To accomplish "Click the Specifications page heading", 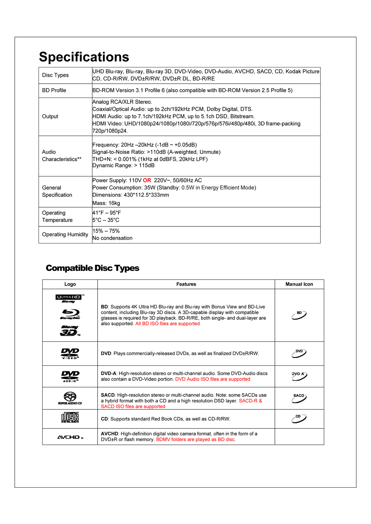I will tap(84, 57).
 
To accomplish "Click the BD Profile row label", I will tap(54, 90).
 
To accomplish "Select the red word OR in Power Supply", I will tap(147, 180).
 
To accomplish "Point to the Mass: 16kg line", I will tap(106, 203).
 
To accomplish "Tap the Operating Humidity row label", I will tap(65, 235).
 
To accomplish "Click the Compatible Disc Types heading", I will tap(92, 268).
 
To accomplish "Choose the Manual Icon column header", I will tap(299, 284).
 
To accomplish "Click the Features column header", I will tap(186, 284).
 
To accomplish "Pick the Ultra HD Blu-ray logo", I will tap(70, 299).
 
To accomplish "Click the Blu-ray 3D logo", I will tap(70, 331).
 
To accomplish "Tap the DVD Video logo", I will tap(70, 354).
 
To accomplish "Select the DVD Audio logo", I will tap(70, 376).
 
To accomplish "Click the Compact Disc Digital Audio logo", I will tap(70, 418).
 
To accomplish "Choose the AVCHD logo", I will tap(70, 437).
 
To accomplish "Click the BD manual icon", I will tap(299, 315).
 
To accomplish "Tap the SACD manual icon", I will tap(299, 398).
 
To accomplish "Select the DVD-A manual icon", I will tap(299, 376).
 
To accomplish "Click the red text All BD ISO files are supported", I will tap(167, 324).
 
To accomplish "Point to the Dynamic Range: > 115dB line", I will tap(123, 166).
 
